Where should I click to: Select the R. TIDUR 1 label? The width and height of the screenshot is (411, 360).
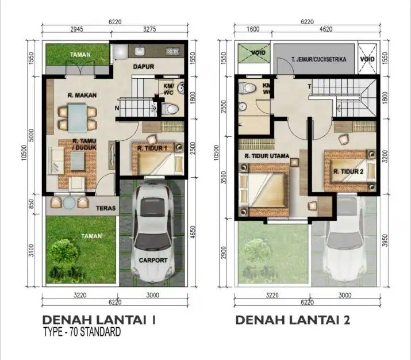[x=152, y=148]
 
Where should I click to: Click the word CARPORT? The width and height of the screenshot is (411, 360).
[x=153, y=260]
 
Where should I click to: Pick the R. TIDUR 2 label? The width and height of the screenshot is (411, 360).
[x=347, y=170]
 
